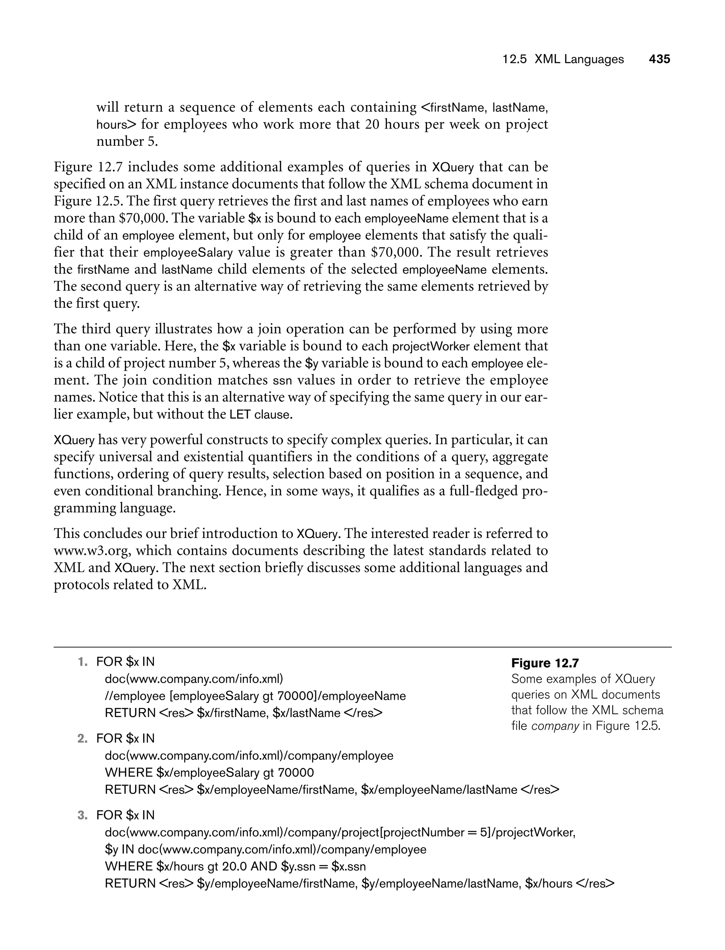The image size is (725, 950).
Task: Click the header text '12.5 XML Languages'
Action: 563,59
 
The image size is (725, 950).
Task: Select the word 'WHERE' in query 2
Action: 129,773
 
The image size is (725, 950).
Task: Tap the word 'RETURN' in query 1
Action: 130,713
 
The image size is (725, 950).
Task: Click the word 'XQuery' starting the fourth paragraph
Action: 74,440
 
